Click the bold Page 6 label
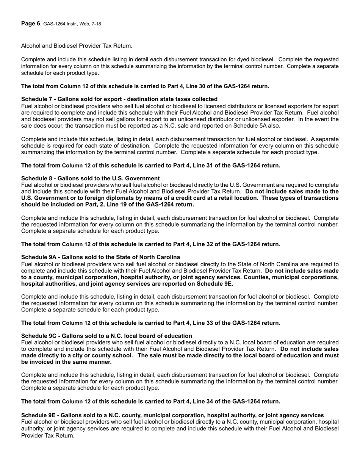click(x=30, y=23)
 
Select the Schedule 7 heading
click(x=119, y=99)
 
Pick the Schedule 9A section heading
click(x=100, y=257)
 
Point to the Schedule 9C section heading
click(x=106, y=336)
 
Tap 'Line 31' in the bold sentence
click(x=198, y=165)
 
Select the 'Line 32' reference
click(x=198, y=244)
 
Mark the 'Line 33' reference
click(x=198, y=323)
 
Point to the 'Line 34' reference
click(x=198, y=402)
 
